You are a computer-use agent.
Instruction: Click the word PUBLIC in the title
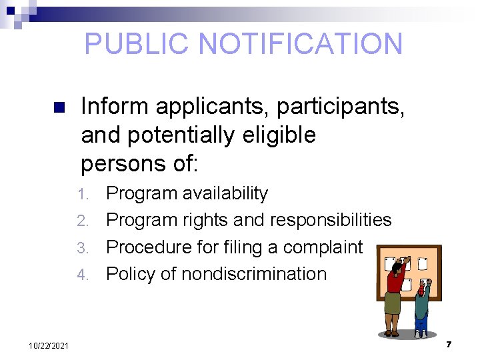[x=138, y=44]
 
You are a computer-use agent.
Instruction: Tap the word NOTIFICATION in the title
[x=301, y=44]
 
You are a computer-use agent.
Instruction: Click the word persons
[x=123, y=163]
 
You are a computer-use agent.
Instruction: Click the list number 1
[x=83, y=195]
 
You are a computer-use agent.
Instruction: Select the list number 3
[x=83, y=248]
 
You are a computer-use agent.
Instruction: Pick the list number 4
[x=83, y=275]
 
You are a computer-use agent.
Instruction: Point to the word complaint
[x=323, y=247]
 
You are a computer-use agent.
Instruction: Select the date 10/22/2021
[x=48, y=345]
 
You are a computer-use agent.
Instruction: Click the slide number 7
[x=449, y=344]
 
